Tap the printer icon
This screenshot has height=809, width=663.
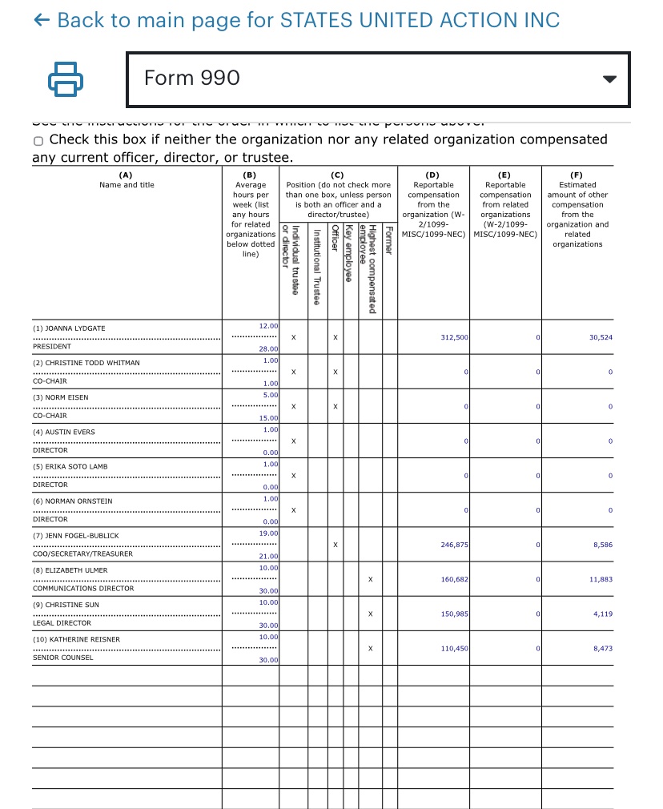coord(66,78)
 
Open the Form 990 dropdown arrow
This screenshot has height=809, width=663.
coord(609,79)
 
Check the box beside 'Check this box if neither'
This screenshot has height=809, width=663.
coord(38,141)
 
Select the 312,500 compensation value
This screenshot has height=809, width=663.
coord(454,338)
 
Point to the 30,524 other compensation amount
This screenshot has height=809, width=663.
coord(600,338)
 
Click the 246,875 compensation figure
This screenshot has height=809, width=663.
coord(454,545)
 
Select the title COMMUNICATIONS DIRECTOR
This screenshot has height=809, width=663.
coord(83,588)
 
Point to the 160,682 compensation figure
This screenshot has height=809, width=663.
coord(454,579)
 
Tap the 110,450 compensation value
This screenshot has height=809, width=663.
coord(454,648)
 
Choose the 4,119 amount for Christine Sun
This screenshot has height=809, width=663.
coord(603,614)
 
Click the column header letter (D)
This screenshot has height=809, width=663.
coord(433,175)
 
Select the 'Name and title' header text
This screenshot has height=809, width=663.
coord(127,185)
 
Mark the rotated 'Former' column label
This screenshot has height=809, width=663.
coord(388,240)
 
